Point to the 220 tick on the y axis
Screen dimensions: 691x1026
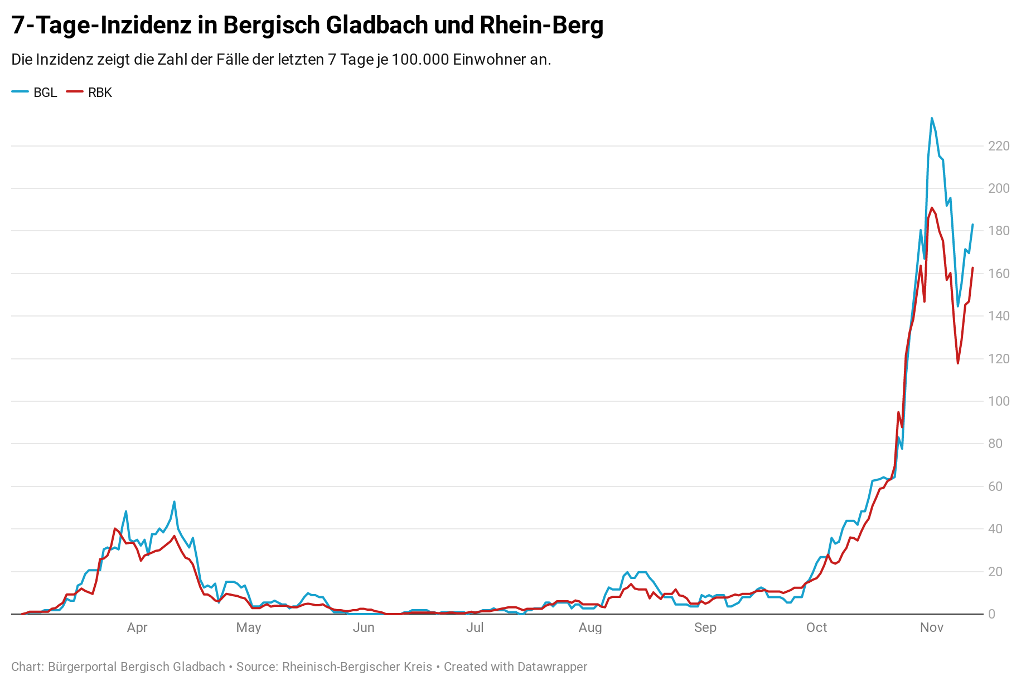pyautogui.click(x=998, y=146)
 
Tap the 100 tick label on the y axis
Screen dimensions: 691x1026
pyautogui.click(x=998, y=401)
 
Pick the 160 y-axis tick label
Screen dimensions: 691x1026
pyautogui.click(x=998, y=274)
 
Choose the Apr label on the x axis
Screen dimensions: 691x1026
pyautogui.click(x=137, y=627)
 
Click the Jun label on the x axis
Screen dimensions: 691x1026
pyautogui.click(x=364, y=627)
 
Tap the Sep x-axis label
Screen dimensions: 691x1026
pyautogui.click(x=705, y=627)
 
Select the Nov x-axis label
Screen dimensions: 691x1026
pyautogui.click(x=931, y=627)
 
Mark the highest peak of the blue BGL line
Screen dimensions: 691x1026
pyautogui.click(x=932, y=118)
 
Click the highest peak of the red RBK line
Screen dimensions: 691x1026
pyautogui.click(x=932, y=208)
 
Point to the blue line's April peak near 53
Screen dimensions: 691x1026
pyautogui.click(x=174, y=502)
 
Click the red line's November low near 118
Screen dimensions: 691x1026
pyautogui.click(x=958, y=363)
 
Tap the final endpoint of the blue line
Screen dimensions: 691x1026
pyautogui.click(x=972, y=225)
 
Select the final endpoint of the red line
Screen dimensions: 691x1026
pyautogui.click(x=972, y=268)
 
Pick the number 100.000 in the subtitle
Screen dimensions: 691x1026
pyautogui.click(x=420, y=60)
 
